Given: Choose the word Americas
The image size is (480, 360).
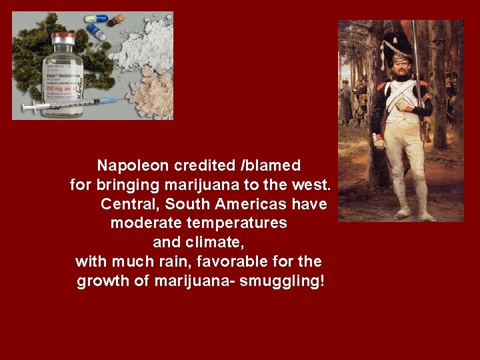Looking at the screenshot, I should click(x=253, y=203).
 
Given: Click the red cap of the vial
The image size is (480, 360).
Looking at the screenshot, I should click(x=64, y=37).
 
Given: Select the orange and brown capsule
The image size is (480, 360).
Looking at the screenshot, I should click(x=116, y=20).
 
